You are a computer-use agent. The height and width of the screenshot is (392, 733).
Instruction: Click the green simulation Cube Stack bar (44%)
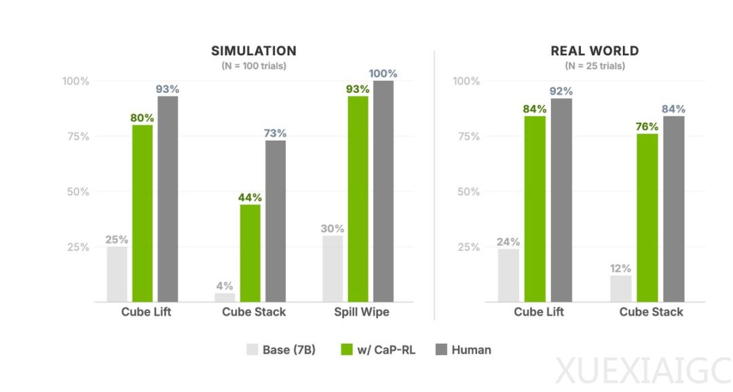pyautogui.click(x=250, y=253)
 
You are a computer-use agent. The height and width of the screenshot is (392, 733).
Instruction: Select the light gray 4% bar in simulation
pyautogui.click(x=225, y=297)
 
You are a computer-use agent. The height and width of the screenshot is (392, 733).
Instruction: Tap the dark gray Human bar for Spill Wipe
pyautogui.click(x=383, y=191)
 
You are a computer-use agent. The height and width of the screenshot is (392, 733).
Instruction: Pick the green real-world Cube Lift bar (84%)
pyautogui.click(x=535, y=209)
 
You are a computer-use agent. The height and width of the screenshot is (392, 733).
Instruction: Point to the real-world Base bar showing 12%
pyautogui.click(x=620, y=288)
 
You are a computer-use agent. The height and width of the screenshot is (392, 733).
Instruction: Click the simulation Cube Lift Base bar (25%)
pyautogui.click(x=117, y=274)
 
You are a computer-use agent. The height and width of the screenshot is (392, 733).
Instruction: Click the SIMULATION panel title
pyautogui.click(x=254, y=51)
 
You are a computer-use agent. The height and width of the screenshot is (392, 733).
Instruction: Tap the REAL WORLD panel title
pyautogui.click(x=595, y=51)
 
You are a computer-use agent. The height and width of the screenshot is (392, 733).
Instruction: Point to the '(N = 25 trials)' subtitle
pyautogui.click(x=595, y=66)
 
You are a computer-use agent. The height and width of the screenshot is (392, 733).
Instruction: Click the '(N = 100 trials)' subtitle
pyautogui.click(x=254, y=66)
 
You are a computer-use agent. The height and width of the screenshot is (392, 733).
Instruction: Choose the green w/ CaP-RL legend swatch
pyautogui.click(x=346, y=350)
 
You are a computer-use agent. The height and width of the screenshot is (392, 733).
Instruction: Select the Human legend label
pyautogui.click(x=471, y=350)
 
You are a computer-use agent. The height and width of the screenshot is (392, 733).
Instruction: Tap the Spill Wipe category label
pyautogui.click(x=361, y=312)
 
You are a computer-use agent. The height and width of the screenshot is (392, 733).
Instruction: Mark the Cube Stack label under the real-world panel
pyautogui.click(x=651, y=312)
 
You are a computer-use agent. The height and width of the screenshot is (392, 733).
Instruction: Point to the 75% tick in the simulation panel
pyautogui.click(x=76, y=136)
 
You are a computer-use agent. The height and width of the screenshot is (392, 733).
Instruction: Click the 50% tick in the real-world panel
pyautogui.click(x=466, y=192)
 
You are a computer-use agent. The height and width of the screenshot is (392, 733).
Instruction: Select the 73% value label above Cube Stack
pyautogui.click(x=275, y=133)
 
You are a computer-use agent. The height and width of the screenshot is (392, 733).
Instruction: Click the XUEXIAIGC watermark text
pyautogui.click(x=642, y=371)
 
